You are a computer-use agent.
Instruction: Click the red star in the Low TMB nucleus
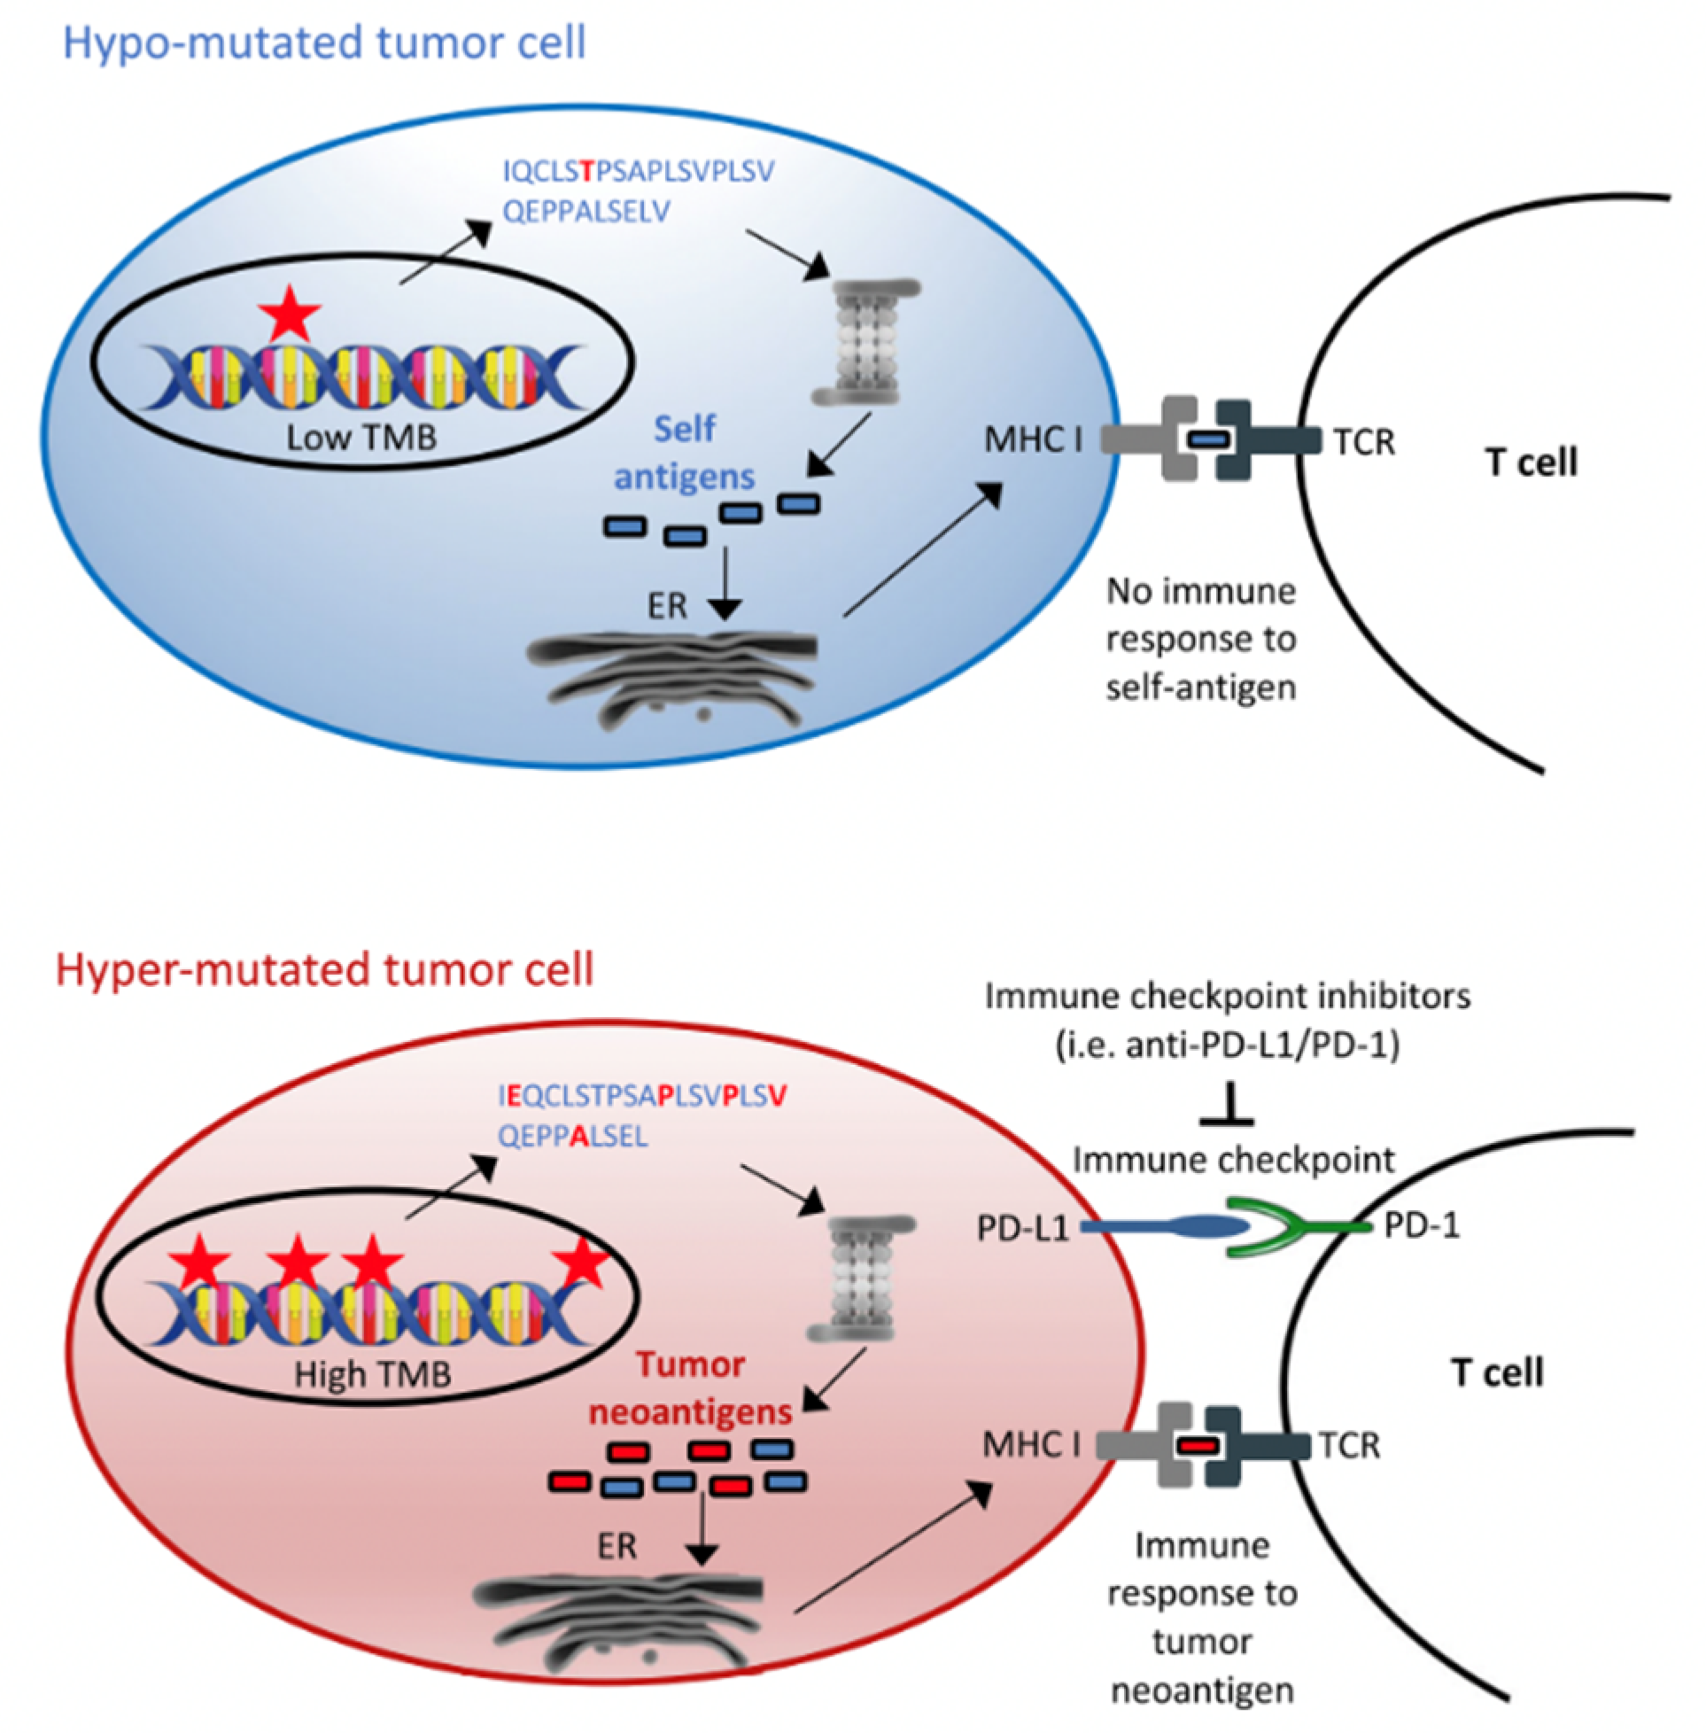point(290,312)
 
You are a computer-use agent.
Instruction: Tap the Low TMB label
point(361,438)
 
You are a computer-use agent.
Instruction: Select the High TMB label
point(373,1373)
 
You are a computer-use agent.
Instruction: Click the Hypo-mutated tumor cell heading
point(324,43)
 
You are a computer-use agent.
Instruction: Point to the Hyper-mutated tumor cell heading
point(324,969)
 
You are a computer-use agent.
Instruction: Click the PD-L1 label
point(1023,1228)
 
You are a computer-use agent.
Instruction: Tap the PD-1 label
point(1422,1225)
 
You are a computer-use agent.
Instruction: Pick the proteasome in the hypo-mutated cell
point(866,342)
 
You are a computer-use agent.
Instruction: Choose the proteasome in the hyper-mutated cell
point(861,1278)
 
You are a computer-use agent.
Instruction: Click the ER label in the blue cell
point(668,607)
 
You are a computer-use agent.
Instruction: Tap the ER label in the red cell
point(617,1546)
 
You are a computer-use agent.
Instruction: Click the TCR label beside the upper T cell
point(1364,442)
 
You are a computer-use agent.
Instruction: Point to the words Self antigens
point(685,453)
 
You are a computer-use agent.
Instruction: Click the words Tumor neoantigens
point(690,1388)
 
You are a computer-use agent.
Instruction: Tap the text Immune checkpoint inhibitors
point(1228,997)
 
